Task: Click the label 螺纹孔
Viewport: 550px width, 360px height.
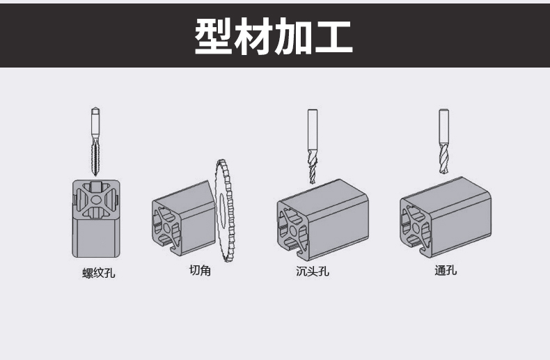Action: tap(98, 272)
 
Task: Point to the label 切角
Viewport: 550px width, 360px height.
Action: tap(200, 269)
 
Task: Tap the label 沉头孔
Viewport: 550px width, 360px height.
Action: tap(312, 271)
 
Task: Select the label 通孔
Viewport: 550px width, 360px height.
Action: tap(445, 270)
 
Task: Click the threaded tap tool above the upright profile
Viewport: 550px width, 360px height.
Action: tap(95, 143)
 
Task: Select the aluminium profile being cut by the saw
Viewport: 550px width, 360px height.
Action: tap(182, 217)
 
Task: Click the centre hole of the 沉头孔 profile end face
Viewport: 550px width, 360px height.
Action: tap(293, 229)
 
